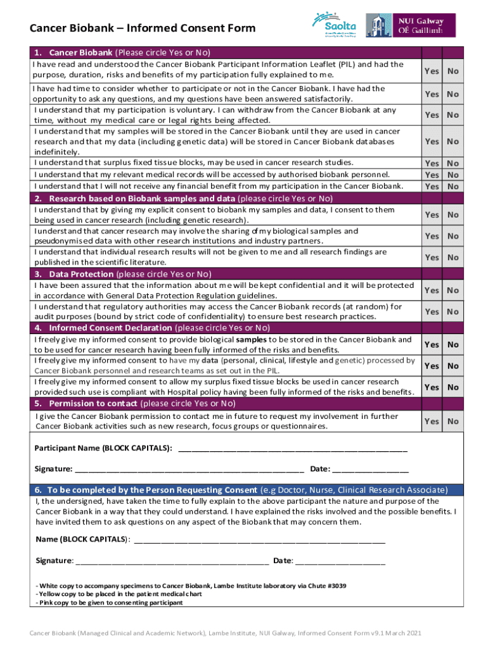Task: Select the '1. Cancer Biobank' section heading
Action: pyautogui.click(x=80, y=53)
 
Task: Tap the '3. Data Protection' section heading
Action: pyautogui.click(x=74, y=274)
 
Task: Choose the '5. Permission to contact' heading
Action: pyautogui.click(x=86, y=403)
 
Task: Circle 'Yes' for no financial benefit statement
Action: pyautogui.click(x=432, y=186)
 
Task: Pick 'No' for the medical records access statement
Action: pyautogui.click(x=453, y=175)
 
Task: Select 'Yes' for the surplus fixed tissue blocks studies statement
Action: pyautogui.click(x=432, y=163)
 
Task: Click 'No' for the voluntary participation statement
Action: pyautogui.click(x=453, y=115)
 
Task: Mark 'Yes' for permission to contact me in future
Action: pyautogui.click(x=432, y=421)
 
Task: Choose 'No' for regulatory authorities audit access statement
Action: pyautogui.click(x=453, y=311)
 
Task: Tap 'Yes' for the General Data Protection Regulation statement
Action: pyautogui.click(x=432, y=290)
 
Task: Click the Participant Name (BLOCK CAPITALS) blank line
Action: pyautogui.click(x=293, y=449)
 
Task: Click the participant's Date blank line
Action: pyautogui.click(x=370, y=470)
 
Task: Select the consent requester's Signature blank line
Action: pyautogui.click(x=171, y=561)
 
